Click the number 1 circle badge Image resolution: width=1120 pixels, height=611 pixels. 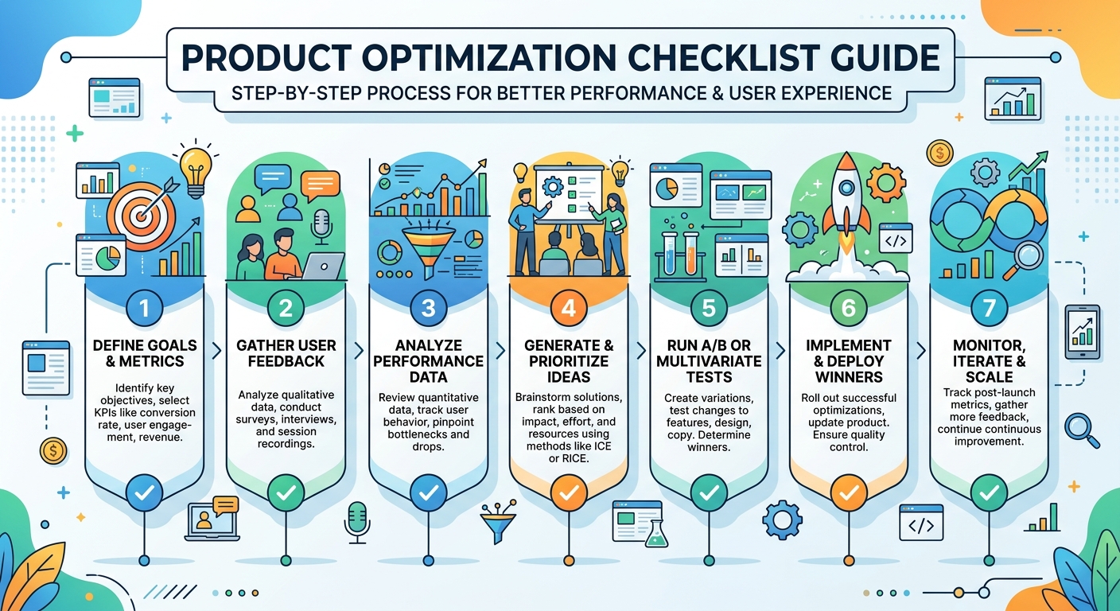point(145,308)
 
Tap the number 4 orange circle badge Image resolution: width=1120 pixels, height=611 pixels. point(569,308)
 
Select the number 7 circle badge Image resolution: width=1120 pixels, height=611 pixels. point(989,308)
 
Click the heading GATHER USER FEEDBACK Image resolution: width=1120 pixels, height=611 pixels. point(286,353)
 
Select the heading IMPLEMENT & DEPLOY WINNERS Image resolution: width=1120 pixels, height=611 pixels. point(849,361)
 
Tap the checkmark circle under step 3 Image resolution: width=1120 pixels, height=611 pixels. point(429,493)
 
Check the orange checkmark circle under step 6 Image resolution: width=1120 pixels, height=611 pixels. point(849,493)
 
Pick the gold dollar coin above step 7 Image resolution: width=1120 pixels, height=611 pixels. point(939,153)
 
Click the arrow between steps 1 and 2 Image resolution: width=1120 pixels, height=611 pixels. point(216,351)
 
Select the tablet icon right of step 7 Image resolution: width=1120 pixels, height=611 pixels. point(1083,332)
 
